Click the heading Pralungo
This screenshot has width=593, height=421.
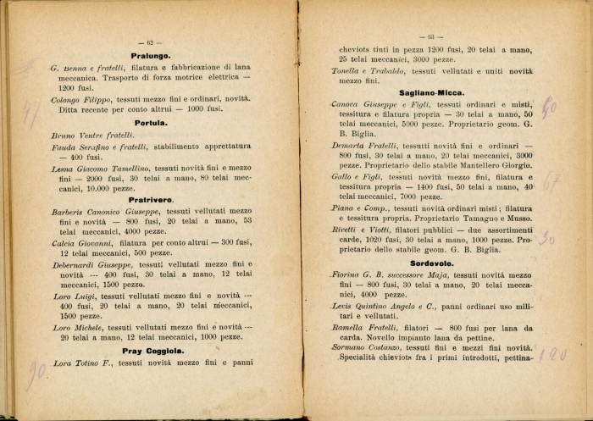(152, 55)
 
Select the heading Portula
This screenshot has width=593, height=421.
(151, 122)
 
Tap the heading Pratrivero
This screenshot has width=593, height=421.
(152, 199)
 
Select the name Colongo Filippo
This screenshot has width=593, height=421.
(82, 99)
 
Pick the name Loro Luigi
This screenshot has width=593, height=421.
(72, 296)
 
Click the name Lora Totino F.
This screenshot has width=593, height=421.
(82, 363)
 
